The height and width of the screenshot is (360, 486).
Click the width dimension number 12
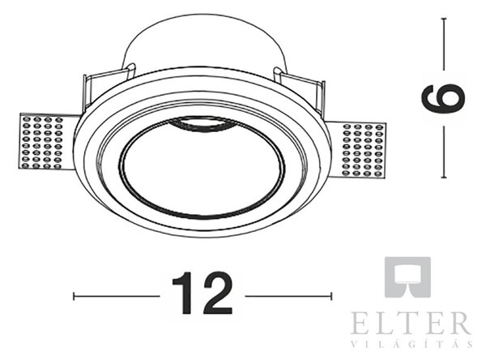[x=202, y=293]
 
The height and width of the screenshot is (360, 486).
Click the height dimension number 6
[x=443, y=98]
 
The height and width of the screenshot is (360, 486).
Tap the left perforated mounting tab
[x=46, y=142]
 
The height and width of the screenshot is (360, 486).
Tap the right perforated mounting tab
[x=356, y=150]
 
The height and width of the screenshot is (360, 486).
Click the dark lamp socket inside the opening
[x=201, y=122]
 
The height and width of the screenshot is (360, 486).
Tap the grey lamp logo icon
[x=407, y=276]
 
